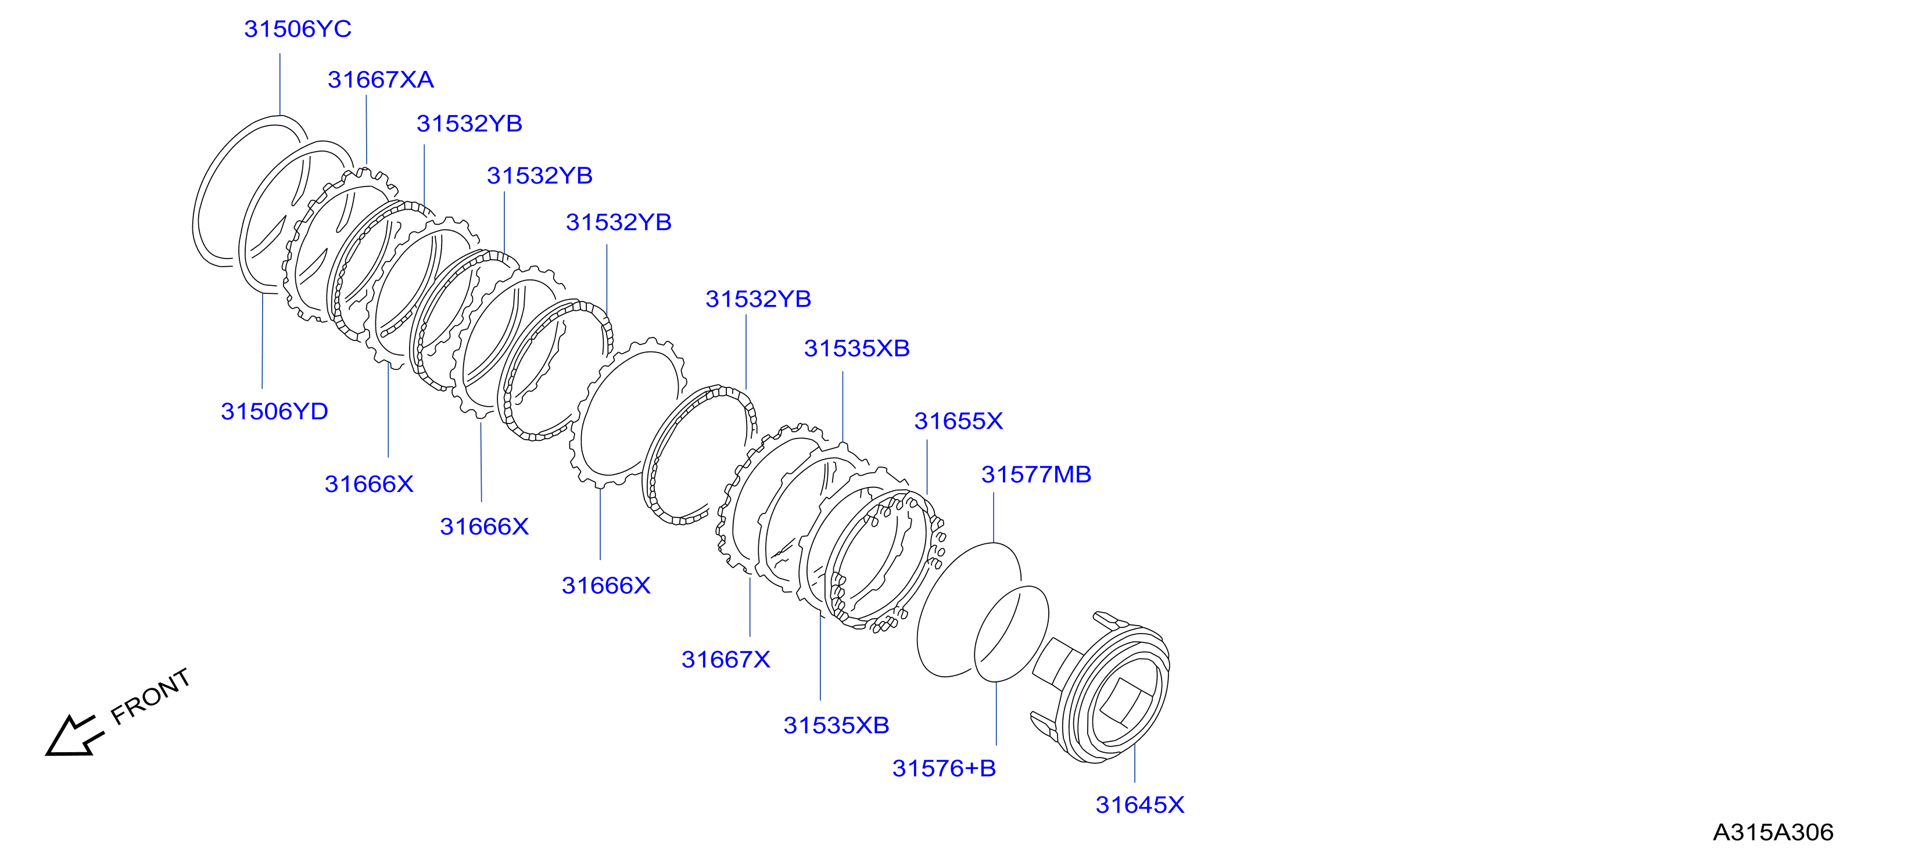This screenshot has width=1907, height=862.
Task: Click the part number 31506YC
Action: (x=297, y=29)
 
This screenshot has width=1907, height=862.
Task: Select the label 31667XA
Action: (x=381, y=79)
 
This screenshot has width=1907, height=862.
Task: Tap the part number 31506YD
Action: (x=275, y=411)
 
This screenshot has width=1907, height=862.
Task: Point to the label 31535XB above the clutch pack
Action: (x=856, y=349)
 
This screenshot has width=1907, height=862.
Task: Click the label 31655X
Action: (x=959, y=421)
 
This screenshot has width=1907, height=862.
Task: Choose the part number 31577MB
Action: (x=1037, y=475)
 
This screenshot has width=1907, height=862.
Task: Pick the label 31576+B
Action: (x=944, y=768)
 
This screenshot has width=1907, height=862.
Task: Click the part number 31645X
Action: (x=1140, y=804)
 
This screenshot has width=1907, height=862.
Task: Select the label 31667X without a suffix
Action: (x=726, y=659)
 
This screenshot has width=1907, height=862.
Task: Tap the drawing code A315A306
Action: (x=1773, y=832)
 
